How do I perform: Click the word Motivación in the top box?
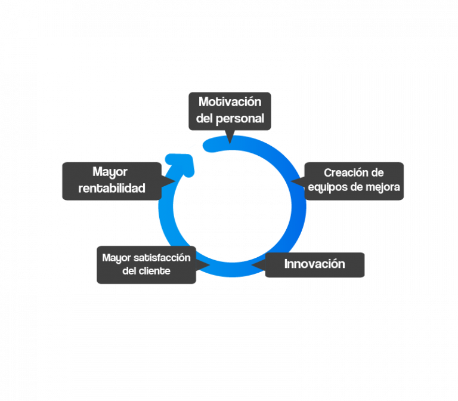pyautogui.click(x=230, y=102)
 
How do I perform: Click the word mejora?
pyautogui.click(x=384, y=187)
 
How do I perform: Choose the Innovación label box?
pyautogui.click(x=314, y=264)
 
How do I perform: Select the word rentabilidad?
pyautogui.click(x=112, y=189)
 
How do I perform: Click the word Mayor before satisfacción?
pyautogui.click(x=116, y=258)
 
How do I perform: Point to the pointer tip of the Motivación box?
pyautogui.click(x=230, y=141)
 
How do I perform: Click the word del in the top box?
pyautogui.click(x=205, y=118)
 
